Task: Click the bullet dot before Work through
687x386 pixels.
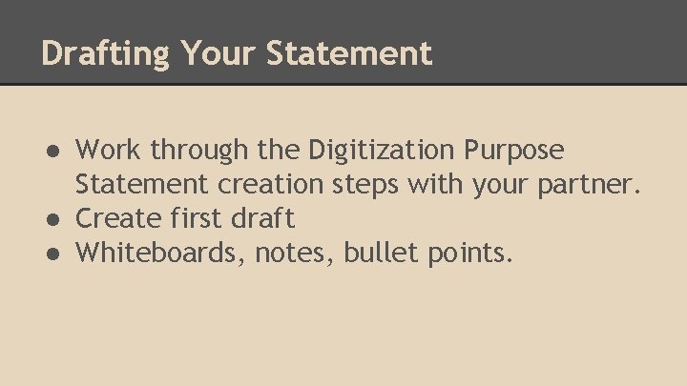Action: (x=55, y=151)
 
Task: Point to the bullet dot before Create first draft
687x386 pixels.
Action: (x=55, y=219)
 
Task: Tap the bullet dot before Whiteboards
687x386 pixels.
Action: (x=55, y=254)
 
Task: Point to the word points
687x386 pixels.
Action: (x=468, y=254)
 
